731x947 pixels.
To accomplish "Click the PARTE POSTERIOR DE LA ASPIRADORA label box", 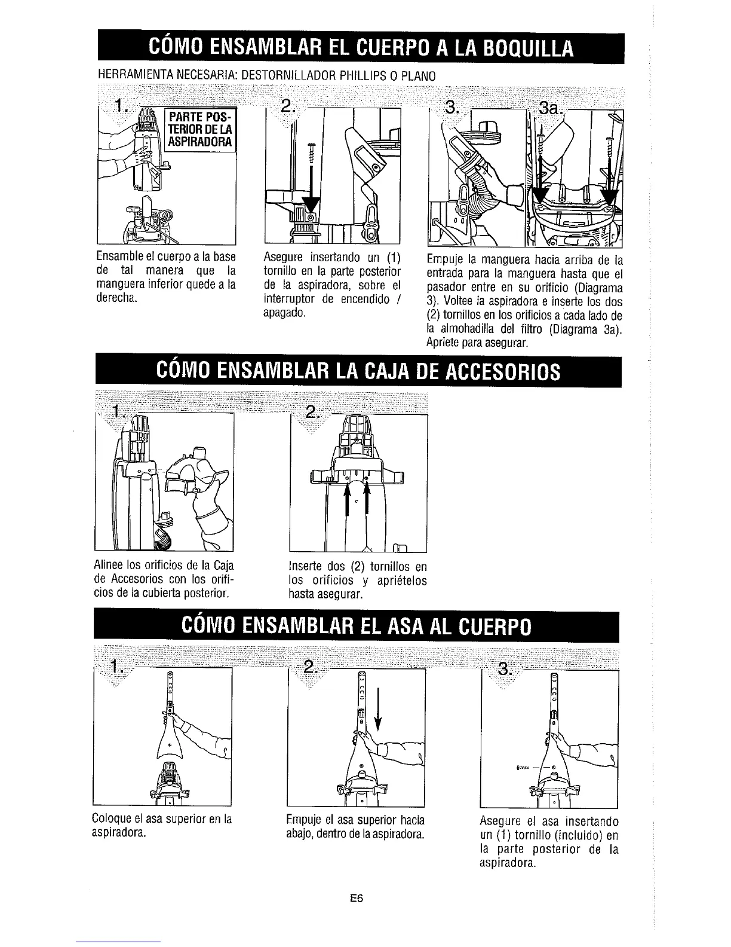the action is point(200,129).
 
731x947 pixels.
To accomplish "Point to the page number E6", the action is point(358,898).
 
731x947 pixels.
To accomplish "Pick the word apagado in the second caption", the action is point(285,313).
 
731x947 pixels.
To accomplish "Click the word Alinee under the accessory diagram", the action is point(106,566).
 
